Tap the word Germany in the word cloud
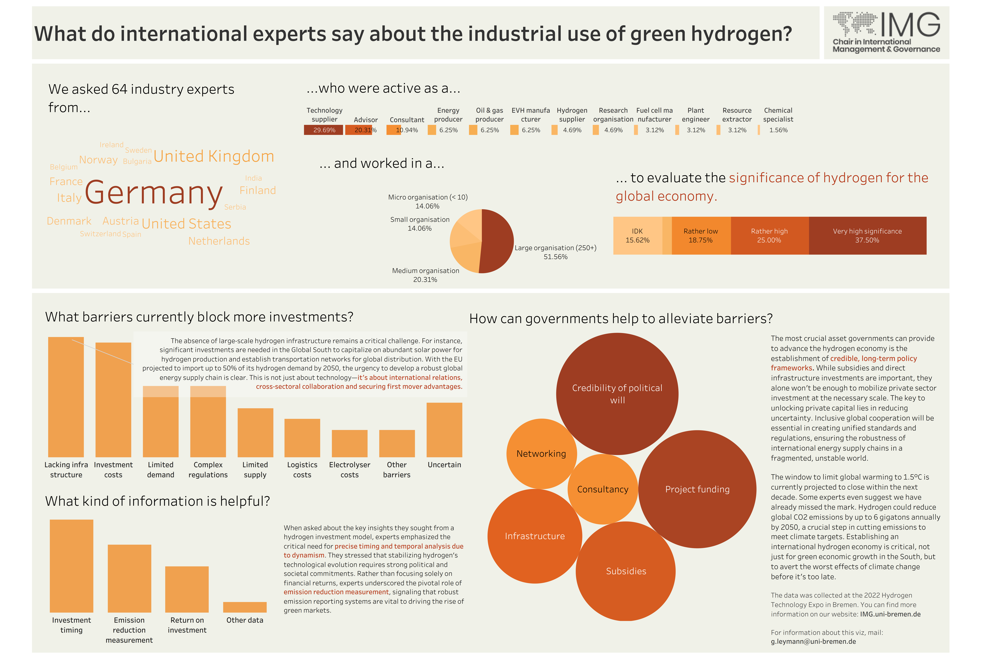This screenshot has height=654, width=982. [154, 193]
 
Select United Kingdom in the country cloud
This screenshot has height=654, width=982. [214, 156]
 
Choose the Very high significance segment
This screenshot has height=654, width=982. [867, 236]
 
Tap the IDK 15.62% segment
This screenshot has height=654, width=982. [637, 236]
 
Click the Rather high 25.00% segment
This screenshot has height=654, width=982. [769, 236]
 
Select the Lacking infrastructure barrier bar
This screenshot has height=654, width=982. [66, 396]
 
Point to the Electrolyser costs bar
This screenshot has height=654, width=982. [349, 443]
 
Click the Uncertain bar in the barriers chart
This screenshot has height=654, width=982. [444, 430]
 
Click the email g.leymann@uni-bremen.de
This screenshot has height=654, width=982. [813, 642]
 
